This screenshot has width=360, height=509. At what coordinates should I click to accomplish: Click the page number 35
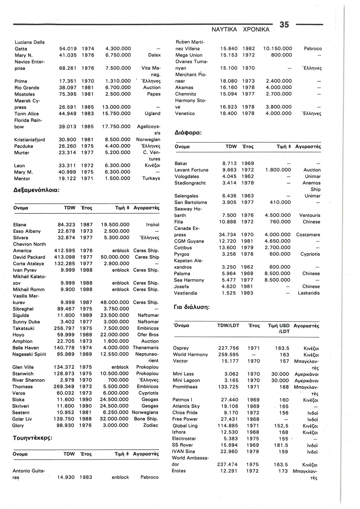(x=284, y=24)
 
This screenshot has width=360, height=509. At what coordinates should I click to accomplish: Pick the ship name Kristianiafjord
(x=30, y=140)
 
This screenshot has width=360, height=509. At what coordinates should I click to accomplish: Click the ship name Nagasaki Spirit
(x=30, y=354)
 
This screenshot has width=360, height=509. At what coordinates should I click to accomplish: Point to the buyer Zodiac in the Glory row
(x=150, y=425)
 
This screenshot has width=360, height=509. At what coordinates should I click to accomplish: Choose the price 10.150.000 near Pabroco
(x=278, y=49)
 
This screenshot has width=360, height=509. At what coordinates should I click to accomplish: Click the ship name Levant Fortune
(x=192, y=170)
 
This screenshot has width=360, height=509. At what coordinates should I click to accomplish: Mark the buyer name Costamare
(x=308, y=235)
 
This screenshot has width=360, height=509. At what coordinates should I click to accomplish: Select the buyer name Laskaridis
(x=309, y=293)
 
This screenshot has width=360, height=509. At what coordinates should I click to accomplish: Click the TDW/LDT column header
(x=228, y=325)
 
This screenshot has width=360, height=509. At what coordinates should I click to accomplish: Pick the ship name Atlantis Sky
(x=186, y=406)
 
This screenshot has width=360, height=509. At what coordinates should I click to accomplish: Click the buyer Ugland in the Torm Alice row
(x=153, y=114)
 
